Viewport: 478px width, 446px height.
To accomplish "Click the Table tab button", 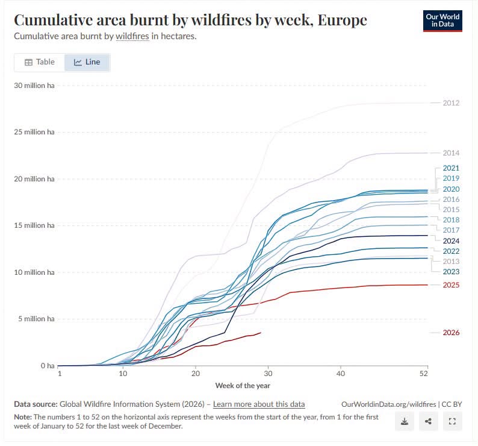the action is coord(40,62).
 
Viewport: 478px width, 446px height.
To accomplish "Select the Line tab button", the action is coord(87,62).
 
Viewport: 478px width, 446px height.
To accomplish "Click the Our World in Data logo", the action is coord(442,20).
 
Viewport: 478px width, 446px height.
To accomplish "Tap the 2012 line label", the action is coord(451,103).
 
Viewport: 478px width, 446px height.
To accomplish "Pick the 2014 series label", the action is coord(451,153).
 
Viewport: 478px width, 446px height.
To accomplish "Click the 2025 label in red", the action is coord(451,285).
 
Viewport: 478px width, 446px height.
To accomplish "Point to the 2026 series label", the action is coord(451,333).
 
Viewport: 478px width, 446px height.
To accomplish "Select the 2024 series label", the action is coord(451,241).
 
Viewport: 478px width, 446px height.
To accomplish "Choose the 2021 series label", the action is coord(451,168).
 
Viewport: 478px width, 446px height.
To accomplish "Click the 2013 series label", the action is coord(451,262).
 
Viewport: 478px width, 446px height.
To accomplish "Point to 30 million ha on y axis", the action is coord(34,86).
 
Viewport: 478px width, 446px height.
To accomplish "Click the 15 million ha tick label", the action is coord(34,225).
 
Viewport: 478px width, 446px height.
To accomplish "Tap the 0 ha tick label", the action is coord(48,366).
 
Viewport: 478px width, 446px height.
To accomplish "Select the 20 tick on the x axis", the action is coord(196,374).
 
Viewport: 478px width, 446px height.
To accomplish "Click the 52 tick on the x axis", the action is coord(423,374).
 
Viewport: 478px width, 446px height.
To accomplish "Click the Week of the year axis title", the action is coord(243,386).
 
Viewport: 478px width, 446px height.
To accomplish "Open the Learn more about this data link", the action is coord(259,404).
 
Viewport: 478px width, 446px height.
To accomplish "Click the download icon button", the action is coord(405,421).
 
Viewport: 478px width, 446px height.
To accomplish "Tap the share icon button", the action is coord(428,421).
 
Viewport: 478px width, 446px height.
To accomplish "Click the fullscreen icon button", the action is coord(452,421).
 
